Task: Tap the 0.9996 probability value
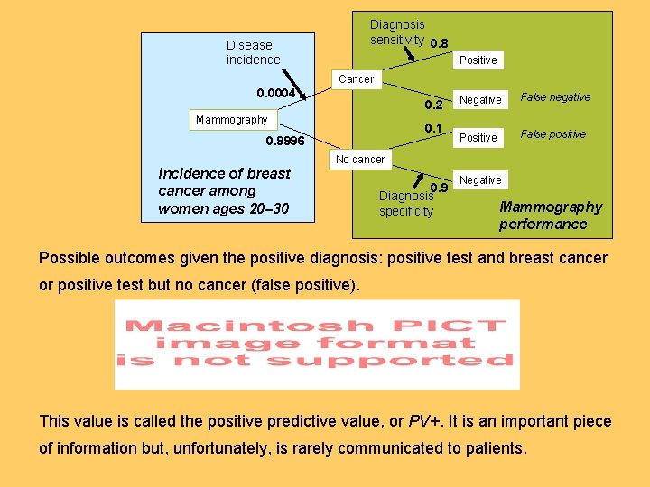pos(284,142)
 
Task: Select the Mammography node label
pos(232,120)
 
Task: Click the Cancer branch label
pos(356,79)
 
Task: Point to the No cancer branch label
pos(360,160)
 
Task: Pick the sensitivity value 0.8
pos(440,43)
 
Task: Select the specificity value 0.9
pos(440,188)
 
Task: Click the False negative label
pos(555,97)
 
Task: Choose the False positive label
pos(553,134)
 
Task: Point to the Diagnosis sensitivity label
pos(397,32)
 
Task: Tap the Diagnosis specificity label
pos(406,204)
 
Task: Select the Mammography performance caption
pos(550,216)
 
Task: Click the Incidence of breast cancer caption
pos(224,191)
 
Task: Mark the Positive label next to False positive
pos(478,138)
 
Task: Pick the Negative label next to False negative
pos(480,100)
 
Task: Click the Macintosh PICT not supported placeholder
pos(317,345)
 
